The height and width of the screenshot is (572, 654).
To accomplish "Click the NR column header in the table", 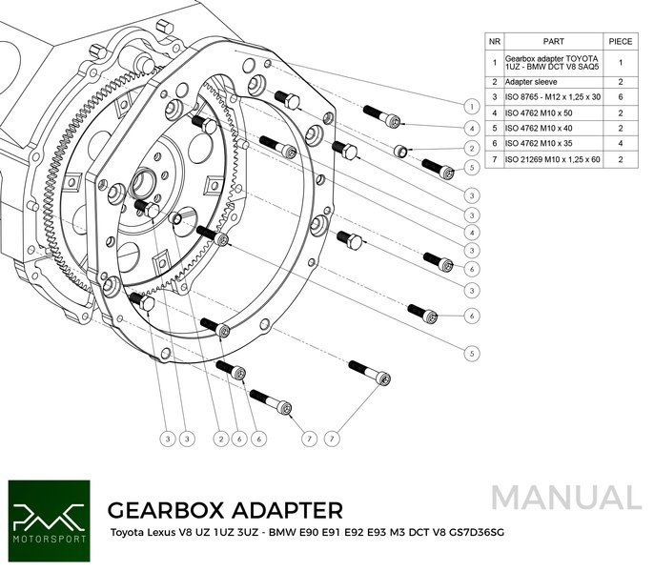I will pos(493,41).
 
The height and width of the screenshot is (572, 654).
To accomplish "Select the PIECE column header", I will pos(620,41).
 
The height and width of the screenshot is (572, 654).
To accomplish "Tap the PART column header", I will pos(553,41).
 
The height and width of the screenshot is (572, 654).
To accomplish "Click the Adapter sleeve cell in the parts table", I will pos(537,82).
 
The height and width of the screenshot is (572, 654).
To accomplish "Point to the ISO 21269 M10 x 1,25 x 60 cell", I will pos(552,158).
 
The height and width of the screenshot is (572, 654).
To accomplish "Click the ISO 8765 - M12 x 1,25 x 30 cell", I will pos(552,97).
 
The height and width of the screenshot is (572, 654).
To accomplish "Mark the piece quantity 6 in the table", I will pos(620,97).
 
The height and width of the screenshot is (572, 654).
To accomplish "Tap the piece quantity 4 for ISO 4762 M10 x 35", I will pos(620,143).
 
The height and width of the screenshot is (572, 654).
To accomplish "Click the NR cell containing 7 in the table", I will pos(493,158).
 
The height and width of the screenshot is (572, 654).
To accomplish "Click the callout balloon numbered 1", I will pos(472,106).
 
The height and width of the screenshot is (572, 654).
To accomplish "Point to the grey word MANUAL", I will pos(567,498).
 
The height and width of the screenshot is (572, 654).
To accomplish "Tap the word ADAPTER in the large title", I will pos(286,508).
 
